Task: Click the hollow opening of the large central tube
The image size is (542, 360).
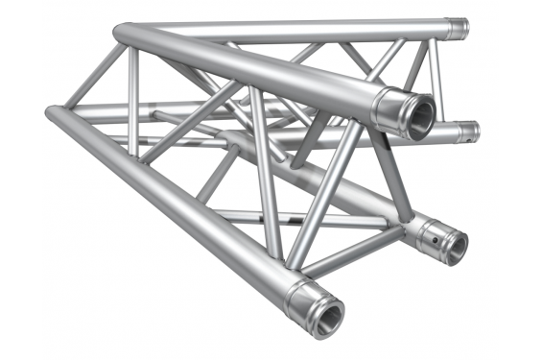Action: (417, 113)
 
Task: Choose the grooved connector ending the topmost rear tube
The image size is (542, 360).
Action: (456, 29)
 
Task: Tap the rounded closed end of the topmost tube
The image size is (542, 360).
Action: (122, 31)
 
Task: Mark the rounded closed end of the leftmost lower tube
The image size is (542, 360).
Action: (52, 114)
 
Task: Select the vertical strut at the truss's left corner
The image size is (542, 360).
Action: (133, 91)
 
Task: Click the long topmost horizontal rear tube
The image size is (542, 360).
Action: (288, 27)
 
